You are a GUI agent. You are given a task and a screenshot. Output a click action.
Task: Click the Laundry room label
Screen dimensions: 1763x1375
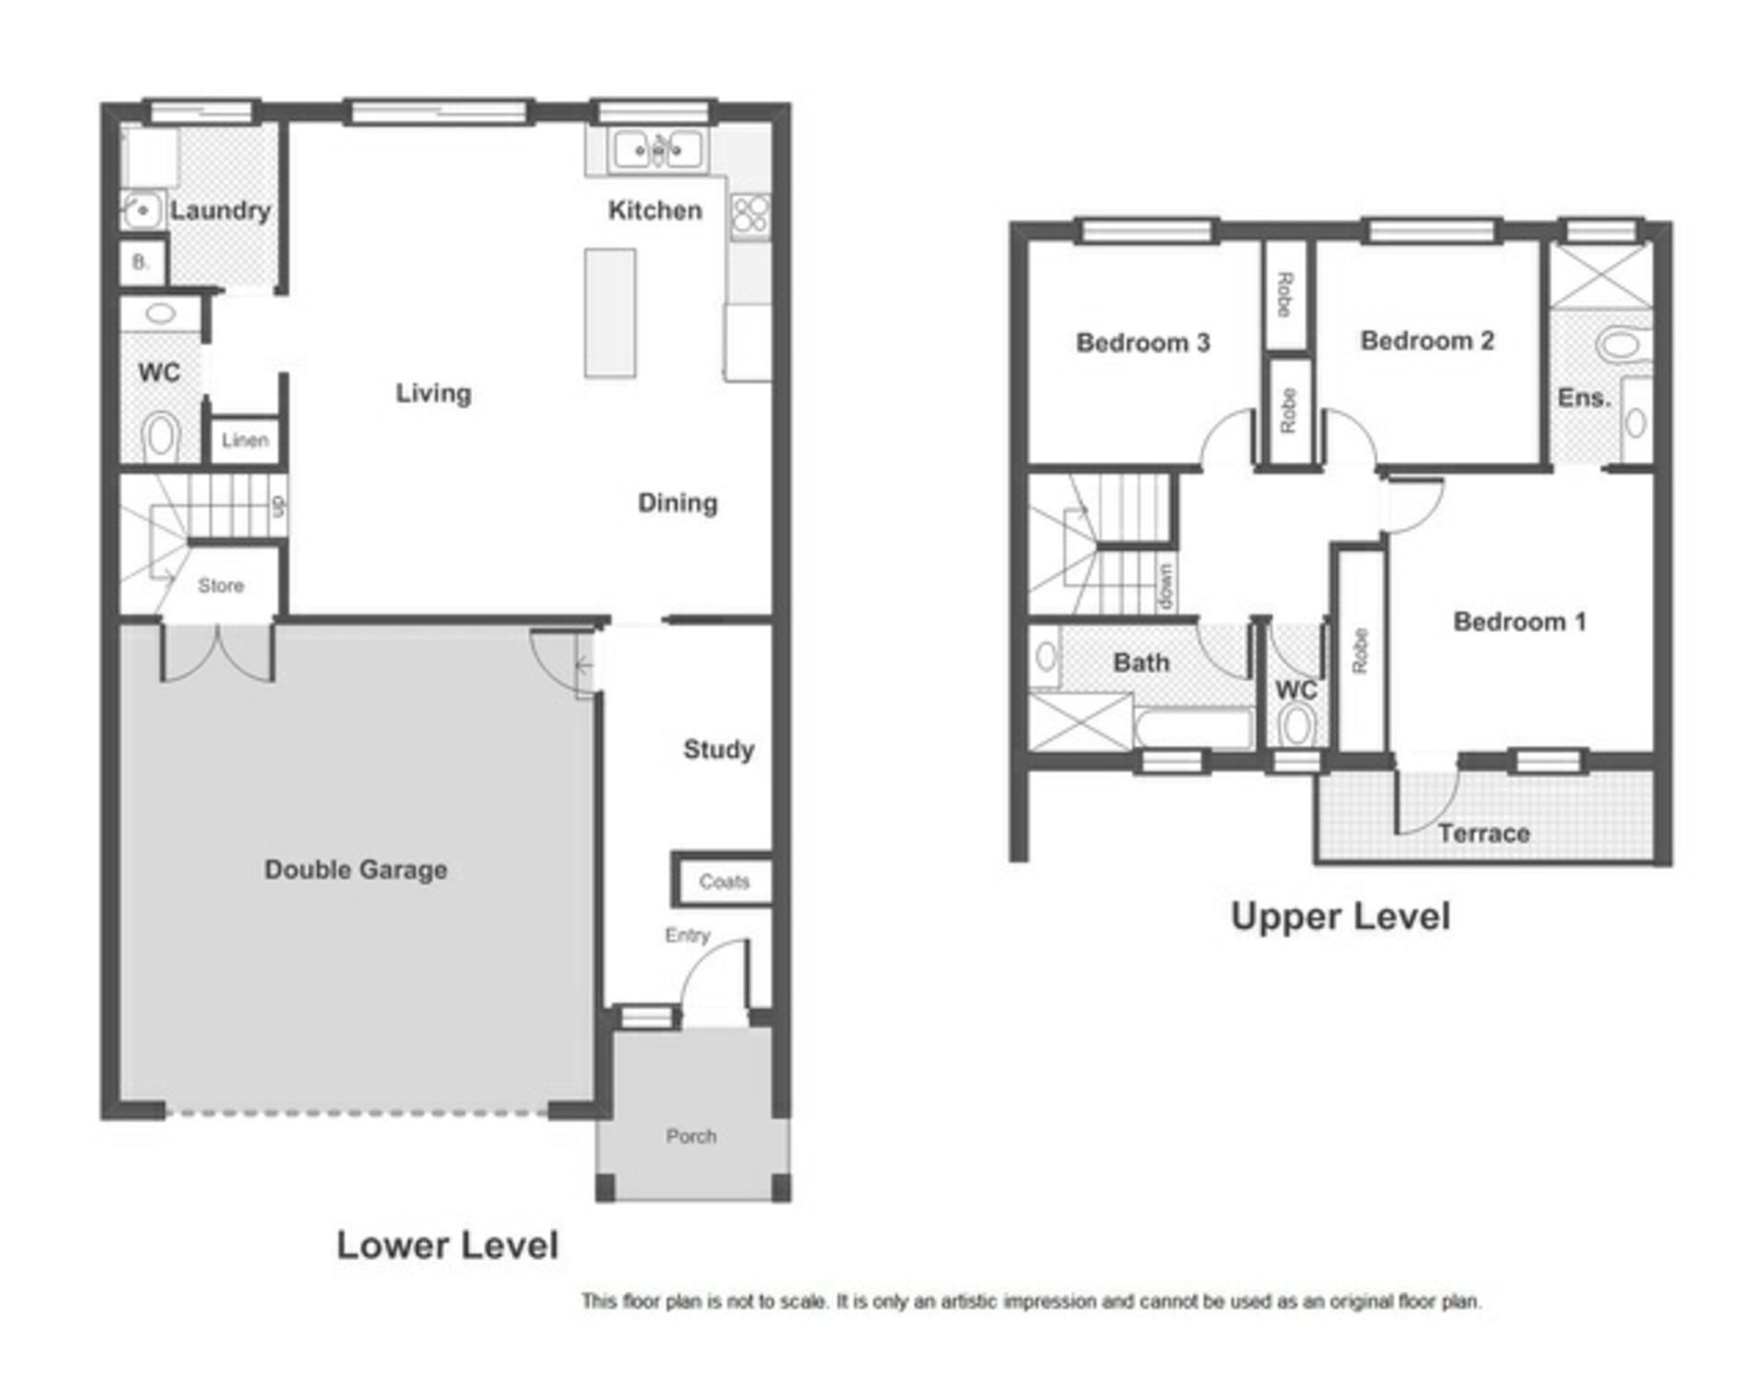click(220, 211)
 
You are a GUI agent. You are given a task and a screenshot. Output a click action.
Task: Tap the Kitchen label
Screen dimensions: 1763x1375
click(655, 210)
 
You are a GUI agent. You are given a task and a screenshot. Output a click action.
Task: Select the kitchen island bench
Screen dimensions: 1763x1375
click(610, 312)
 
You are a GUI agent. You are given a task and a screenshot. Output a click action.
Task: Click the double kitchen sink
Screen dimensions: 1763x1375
click(657, 149)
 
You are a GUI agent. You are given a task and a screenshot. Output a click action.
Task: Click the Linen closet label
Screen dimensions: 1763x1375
click(245, 440)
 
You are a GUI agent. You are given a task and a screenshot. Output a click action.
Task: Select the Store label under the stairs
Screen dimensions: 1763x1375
click(221, 585)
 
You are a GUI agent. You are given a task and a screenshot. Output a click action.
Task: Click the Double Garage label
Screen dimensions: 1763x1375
click(356, 870)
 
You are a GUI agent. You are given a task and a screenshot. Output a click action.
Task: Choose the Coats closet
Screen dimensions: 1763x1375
click(724, 881)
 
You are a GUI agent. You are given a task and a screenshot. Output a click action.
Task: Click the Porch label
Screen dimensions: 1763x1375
click(691, 1136)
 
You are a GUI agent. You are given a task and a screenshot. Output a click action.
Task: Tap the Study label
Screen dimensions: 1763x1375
click(718, 749)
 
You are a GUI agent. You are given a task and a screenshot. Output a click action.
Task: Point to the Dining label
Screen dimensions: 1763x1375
click(678, 502)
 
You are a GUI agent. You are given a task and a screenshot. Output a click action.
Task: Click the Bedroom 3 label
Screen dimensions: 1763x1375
click(1143, 343)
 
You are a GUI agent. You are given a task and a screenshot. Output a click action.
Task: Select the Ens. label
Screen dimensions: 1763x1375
click(1584, 398)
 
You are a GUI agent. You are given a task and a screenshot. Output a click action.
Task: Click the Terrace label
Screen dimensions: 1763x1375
click(1484, 833)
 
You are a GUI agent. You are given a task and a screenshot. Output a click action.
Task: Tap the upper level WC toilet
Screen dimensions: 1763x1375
click(1296, 725)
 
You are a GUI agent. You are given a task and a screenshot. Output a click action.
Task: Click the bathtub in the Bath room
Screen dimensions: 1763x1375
click(1194, 728)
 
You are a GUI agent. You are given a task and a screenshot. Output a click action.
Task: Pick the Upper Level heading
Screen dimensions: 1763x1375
click(1341, 917)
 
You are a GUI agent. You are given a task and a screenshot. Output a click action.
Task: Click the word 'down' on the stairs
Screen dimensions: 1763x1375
click(1165, 587)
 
